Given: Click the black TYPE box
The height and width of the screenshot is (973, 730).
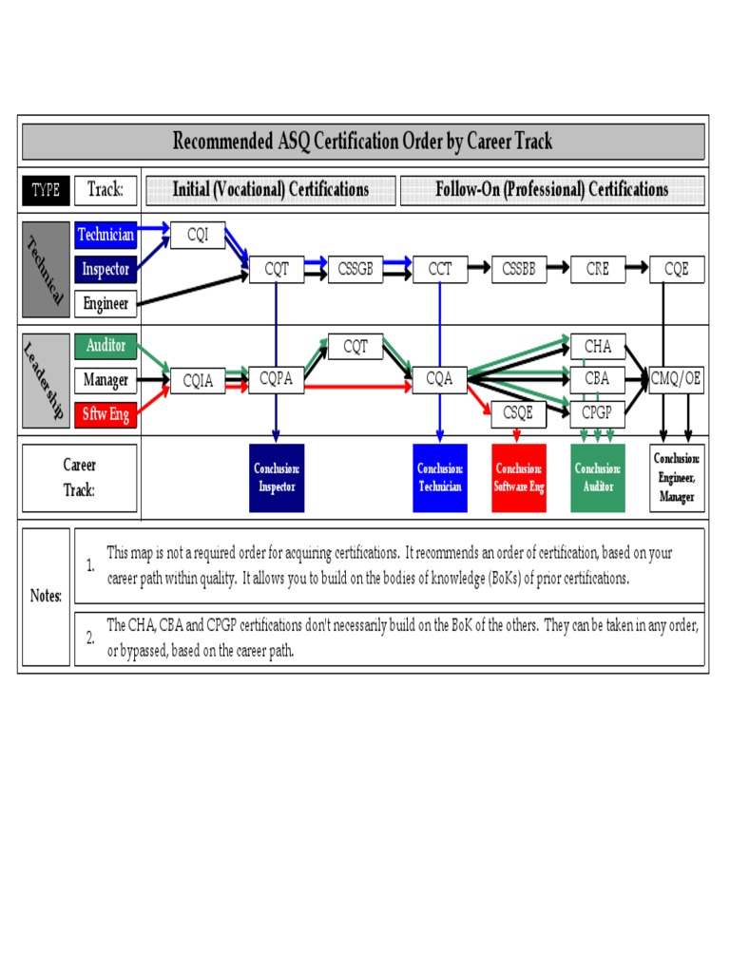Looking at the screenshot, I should click(x=45, y=190).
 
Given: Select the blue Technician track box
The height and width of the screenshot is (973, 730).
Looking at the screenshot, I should click(x=106, y=235).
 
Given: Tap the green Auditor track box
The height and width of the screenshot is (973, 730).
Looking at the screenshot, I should click(x=106, y=346).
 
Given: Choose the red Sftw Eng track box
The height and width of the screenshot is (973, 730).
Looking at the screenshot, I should click(x=106, y=414).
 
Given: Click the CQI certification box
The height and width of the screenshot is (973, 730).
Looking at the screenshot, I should click(x=198, y=235).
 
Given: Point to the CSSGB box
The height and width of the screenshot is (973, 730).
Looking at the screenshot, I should click(x=355, y=269).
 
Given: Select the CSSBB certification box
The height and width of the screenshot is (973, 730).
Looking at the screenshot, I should click(x=519, y=269).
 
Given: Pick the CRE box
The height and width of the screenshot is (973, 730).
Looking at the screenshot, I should click(x=597, y=269).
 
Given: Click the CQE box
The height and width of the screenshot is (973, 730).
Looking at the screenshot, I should click(x=676, y=269).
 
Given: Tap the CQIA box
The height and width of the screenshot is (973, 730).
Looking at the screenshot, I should click(x=198, y=381).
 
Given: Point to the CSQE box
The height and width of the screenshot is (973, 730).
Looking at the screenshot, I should click(x=519, y=413).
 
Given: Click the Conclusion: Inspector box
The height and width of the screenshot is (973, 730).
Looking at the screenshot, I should click(x=277, y=478).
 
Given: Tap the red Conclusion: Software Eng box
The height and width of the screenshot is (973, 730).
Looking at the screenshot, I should click(x=519, y=478).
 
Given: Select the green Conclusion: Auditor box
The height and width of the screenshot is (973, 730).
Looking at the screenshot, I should click(x=597, y=478).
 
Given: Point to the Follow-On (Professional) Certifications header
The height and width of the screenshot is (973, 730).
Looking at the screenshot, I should click(x=551, y=190).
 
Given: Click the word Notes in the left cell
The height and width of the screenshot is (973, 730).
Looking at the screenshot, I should click(x=45, y=597).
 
